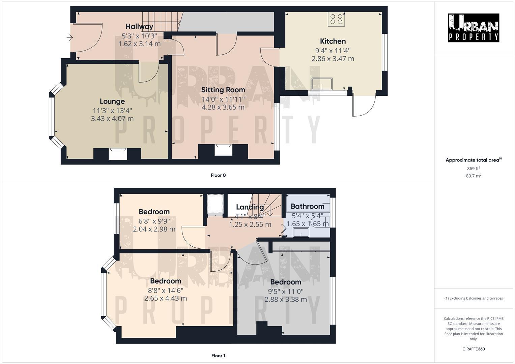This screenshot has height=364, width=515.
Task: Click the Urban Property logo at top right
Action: point(474,28)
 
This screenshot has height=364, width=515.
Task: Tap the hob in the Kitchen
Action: point(336,19)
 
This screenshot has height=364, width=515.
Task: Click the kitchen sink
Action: point(322,84)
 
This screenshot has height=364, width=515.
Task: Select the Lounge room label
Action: point(112,101)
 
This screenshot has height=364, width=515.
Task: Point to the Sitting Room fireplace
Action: point(223,150)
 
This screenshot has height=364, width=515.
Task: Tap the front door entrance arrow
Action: point(70,38)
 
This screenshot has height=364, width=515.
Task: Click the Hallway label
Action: point(139,27)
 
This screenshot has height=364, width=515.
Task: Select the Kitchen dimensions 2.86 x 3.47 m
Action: point(333,59)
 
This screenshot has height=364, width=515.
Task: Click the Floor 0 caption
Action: point(218,175)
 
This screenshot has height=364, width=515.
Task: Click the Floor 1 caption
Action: point(218,356)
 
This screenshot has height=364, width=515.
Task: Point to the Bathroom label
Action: point(307,206)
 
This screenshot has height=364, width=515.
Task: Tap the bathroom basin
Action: point(301,233)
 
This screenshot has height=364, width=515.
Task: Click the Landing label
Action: point(250,207)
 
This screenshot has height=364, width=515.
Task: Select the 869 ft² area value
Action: point(474,169)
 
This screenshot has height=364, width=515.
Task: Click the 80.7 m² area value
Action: point(474,176)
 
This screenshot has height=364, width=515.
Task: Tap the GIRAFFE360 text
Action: point(474,349)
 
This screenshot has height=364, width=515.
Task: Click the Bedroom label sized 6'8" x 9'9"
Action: point(154,212)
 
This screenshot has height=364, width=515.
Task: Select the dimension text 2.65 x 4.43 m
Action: point(166,298)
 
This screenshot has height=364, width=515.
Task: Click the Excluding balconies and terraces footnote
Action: point(474,298)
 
